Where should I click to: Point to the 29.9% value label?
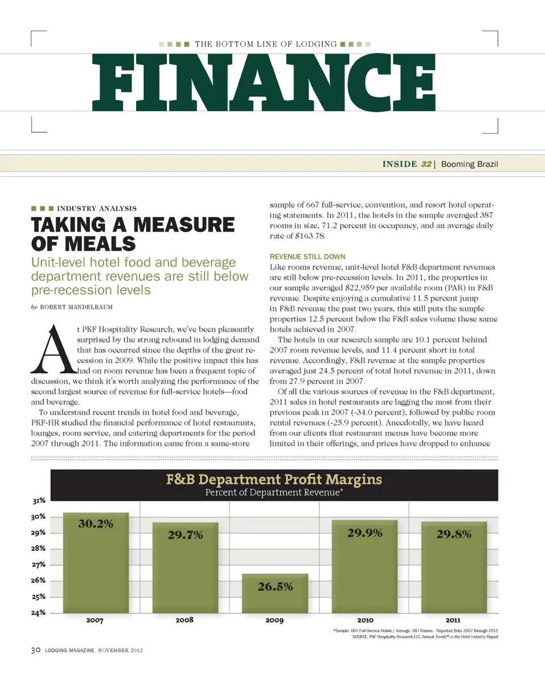[x=364, y=533]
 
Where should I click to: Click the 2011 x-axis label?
[x=453, y=620]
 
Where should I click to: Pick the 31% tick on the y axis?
[x=39, y=501]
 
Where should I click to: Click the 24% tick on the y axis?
[x=39, y=613]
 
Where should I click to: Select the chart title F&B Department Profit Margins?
[x=274, y=480]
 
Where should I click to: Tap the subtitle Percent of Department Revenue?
[x=274, y=493]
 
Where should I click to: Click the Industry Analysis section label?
[x=97, y=208]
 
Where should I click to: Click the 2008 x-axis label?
[x=185, y=620]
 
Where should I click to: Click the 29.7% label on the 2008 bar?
[x=185, y=535]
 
